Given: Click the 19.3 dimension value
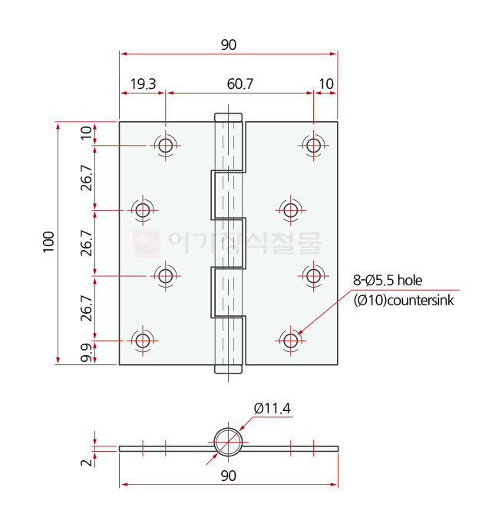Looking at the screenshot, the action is [x=143, y=84].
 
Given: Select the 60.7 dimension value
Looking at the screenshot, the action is [x=240, y=84].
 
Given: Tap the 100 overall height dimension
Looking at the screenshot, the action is [x=48, y=242].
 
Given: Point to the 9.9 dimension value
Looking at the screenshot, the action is [x=86, y=353].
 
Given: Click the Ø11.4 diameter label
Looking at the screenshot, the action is [x=272, y=408].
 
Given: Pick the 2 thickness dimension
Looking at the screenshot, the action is [x=86, y=462].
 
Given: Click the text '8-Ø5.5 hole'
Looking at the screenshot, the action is [x=388, y=281].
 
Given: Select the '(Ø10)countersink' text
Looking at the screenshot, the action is [x=404, y=301].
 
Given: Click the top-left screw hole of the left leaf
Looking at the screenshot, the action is [x=166, y=145].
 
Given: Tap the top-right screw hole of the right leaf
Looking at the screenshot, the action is [x=313, y=145].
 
